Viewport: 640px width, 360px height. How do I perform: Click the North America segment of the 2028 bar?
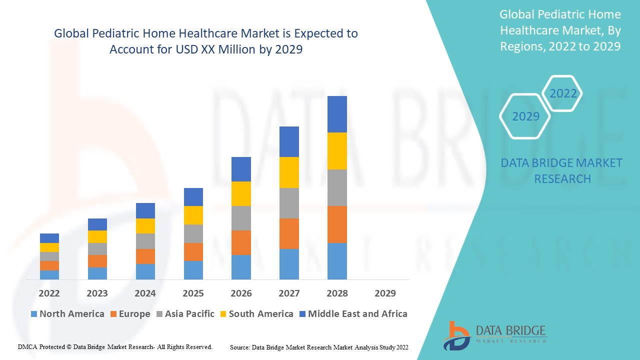tap(337, 261)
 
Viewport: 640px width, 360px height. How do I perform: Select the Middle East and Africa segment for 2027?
tap(289, 141)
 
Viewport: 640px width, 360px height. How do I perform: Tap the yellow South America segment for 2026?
tap(241, 193)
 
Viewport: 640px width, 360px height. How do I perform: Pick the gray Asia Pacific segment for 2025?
tap(193, 233)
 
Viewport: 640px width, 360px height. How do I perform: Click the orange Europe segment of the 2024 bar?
tap(145, 256)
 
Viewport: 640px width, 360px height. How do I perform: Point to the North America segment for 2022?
tap(49, 274)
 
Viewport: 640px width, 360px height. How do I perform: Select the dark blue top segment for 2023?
tap(97, 224)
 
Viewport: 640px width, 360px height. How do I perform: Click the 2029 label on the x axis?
tap(385, 293)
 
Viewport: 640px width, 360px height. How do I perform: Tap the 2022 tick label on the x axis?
tap(49, 293)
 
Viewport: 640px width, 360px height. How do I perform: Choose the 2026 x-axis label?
tap(241, 293)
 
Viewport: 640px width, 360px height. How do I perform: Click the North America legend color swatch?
tap(34, 314)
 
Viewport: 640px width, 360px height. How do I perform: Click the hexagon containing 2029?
tap(525, 116)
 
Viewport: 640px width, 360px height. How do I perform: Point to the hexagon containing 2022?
tap(563, 93)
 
